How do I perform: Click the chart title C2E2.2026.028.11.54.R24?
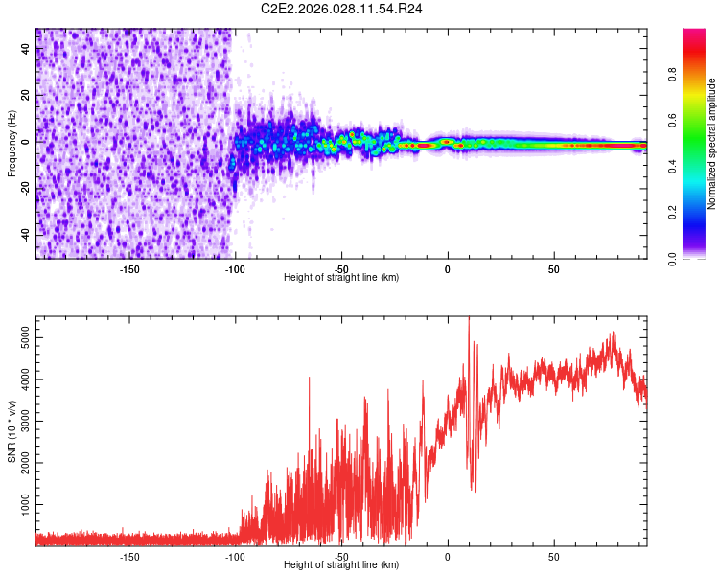click(342, 9)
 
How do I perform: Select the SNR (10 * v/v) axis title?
click(12, 432)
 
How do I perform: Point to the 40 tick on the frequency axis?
click(25, 50)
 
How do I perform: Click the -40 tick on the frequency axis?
click(25, 235)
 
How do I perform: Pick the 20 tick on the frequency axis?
click(25, 96)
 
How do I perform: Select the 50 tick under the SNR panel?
click(554, 555)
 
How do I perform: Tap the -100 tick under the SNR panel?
click(235, 555)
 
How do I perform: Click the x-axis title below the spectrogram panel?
click(341, 278)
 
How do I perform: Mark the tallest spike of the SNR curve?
click(468, 320)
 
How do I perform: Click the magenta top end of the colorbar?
click(694, 33)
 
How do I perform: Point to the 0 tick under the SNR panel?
click(448, 555)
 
